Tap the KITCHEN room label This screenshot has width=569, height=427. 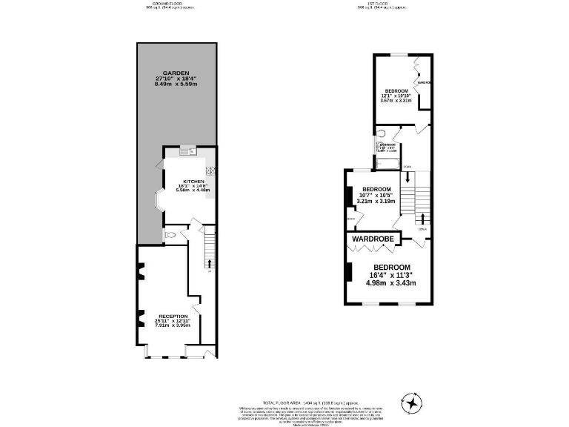coord(193,180)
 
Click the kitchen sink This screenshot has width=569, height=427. coord(188,152)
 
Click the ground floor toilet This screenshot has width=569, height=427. coord(172,234)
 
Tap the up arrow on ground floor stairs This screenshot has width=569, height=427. coord(209,262)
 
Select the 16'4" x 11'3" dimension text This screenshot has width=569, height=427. coord(392,275)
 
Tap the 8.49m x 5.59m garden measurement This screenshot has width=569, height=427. coord(176,85)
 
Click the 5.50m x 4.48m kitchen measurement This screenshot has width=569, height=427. coord(193,191)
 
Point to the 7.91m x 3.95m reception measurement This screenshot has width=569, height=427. coord(172,325)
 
